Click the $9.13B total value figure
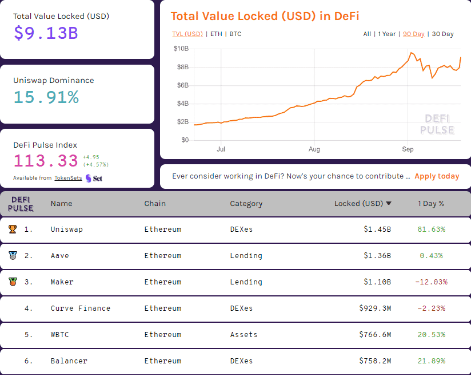click(46, 33)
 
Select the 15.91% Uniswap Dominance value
click(46, 97)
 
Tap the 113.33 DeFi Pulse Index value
click(46, 161)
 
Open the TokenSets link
click(68, 178)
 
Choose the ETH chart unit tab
click(216, 34)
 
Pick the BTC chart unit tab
click(235, 34)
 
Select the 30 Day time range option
click(443, 34)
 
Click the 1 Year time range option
click(386, 34)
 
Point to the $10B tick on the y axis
click(181, 49)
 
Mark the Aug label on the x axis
click(314, 149)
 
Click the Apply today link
click(437, 176)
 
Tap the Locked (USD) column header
click(358, 203)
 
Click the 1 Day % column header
click(431, 203)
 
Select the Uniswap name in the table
click(66, 229)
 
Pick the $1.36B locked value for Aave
click(377, 256)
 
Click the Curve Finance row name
click(80, 308)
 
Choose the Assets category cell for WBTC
click(244, 335)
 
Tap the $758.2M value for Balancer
click(375, 361)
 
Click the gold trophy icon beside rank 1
click(13, 229)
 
